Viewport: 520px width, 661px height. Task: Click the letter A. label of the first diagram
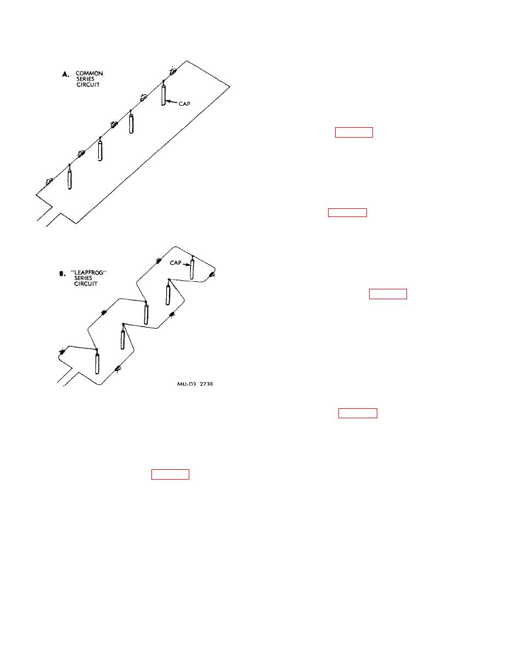point(65,74)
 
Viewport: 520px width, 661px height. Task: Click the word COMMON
point(89,73)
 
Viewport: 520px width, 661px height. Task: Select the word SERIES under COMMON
point(85,79)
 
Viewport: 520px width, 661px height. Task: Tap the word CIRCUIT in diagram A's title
point(88,85)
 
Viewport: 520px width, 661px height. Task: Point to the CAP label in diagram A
point(184,104)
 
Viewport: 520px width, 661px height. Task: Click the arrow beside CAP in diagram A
point(171,102)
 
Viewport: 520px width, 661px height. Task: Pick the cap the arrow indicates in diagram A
point(163,93)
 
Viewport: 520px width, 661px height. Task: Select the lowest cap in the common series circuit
point(70,176)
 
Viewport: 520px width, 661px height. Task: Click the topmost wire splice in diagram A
point(173,71)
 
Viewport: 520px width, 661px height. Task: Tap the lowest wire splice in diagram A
point(49,181)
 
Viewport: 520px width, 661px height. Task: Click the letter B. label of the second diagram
point(62,273)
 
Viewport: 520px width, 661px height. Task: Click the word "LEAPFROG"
point(89,272)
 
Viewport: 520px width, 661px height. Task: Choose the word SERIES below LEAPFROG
point(83,278)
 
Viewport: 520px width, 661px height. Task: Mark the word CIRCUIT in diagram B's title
point(86,284)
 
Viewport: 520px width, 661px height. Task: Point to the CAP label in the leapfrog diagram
point(176,263)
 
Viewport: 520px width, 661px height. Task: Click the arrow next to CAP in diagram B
point(186,264)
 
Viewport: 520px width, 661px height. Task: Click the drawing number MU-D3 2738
point(195,384)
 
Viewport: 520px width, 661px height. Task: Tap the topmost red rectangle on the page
point(354,132)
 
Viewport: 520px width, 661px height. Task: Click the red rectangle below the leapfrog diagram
point(170,474)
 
